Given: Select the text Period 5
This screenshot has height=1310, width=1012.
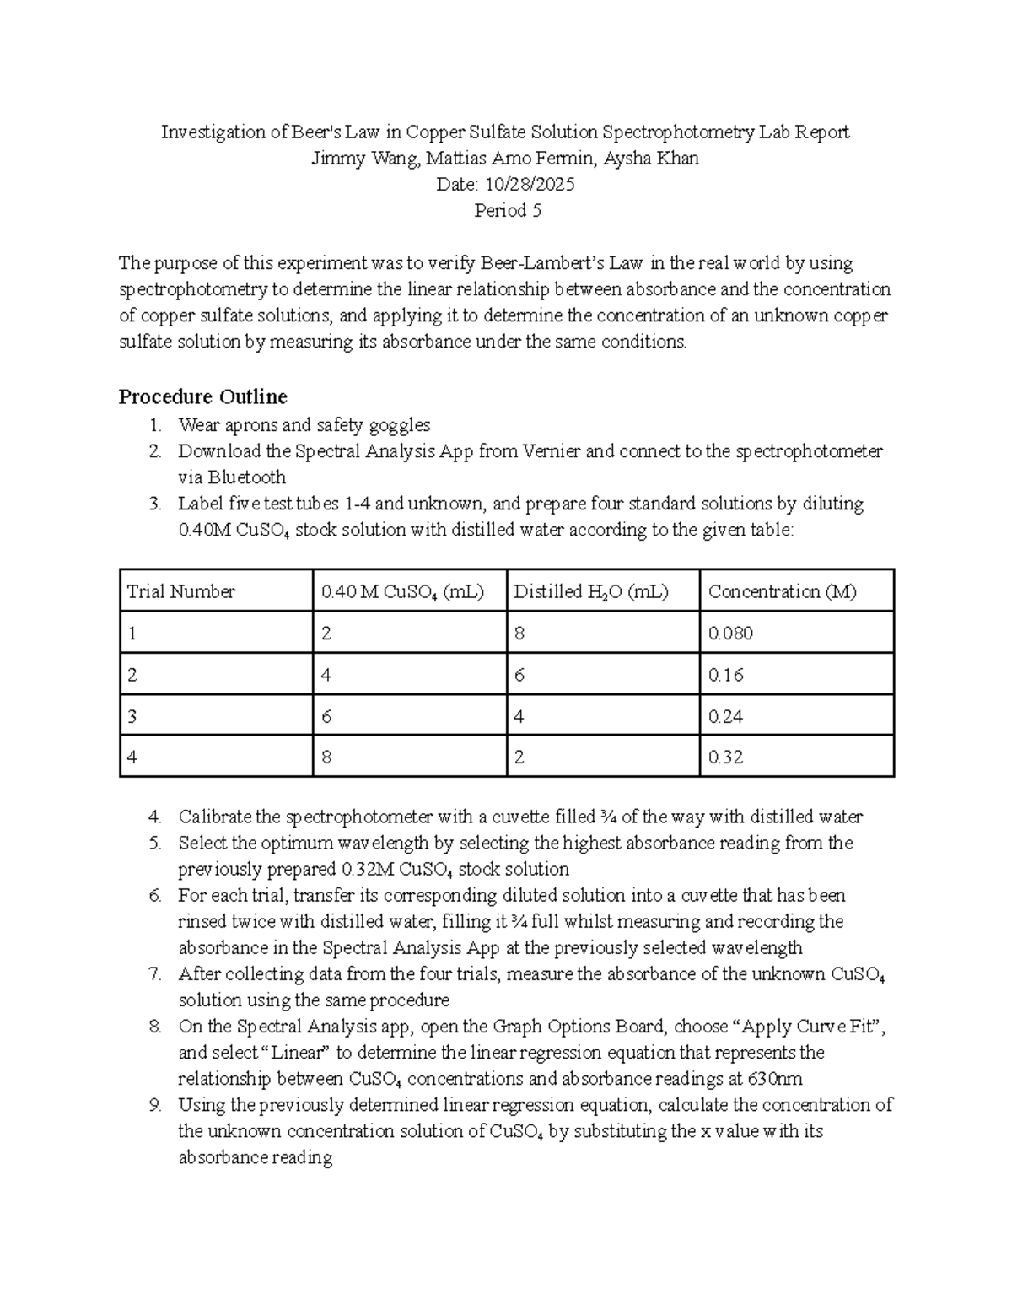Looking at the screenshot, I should (507, 211).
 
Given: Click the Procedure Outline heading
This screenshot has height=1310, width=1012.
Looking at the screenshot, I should (202, 396).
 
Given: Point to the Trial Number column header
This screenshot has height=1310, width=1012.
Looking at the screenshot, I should (180, 591).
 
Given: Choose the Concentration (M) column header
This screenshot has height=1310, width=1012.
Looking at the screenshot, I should (782, 591).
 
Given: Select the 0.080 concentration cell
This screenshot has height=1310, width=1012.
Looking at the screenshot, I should (730, 633).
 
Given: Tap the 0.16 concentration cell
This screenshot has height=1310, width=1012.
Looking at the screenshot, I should (725, 675).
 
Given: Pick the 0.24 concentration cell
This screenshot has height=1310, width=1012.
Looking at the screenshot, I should (725, 716).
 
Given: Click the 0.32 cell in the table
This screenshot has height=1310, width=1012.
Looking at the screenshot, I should (725, 757).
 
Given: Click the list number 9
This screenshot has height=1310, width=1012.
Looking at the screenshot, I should (154, 1105).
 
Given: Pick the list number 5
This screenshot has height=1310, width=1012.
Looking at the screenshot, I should (154, 843).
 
